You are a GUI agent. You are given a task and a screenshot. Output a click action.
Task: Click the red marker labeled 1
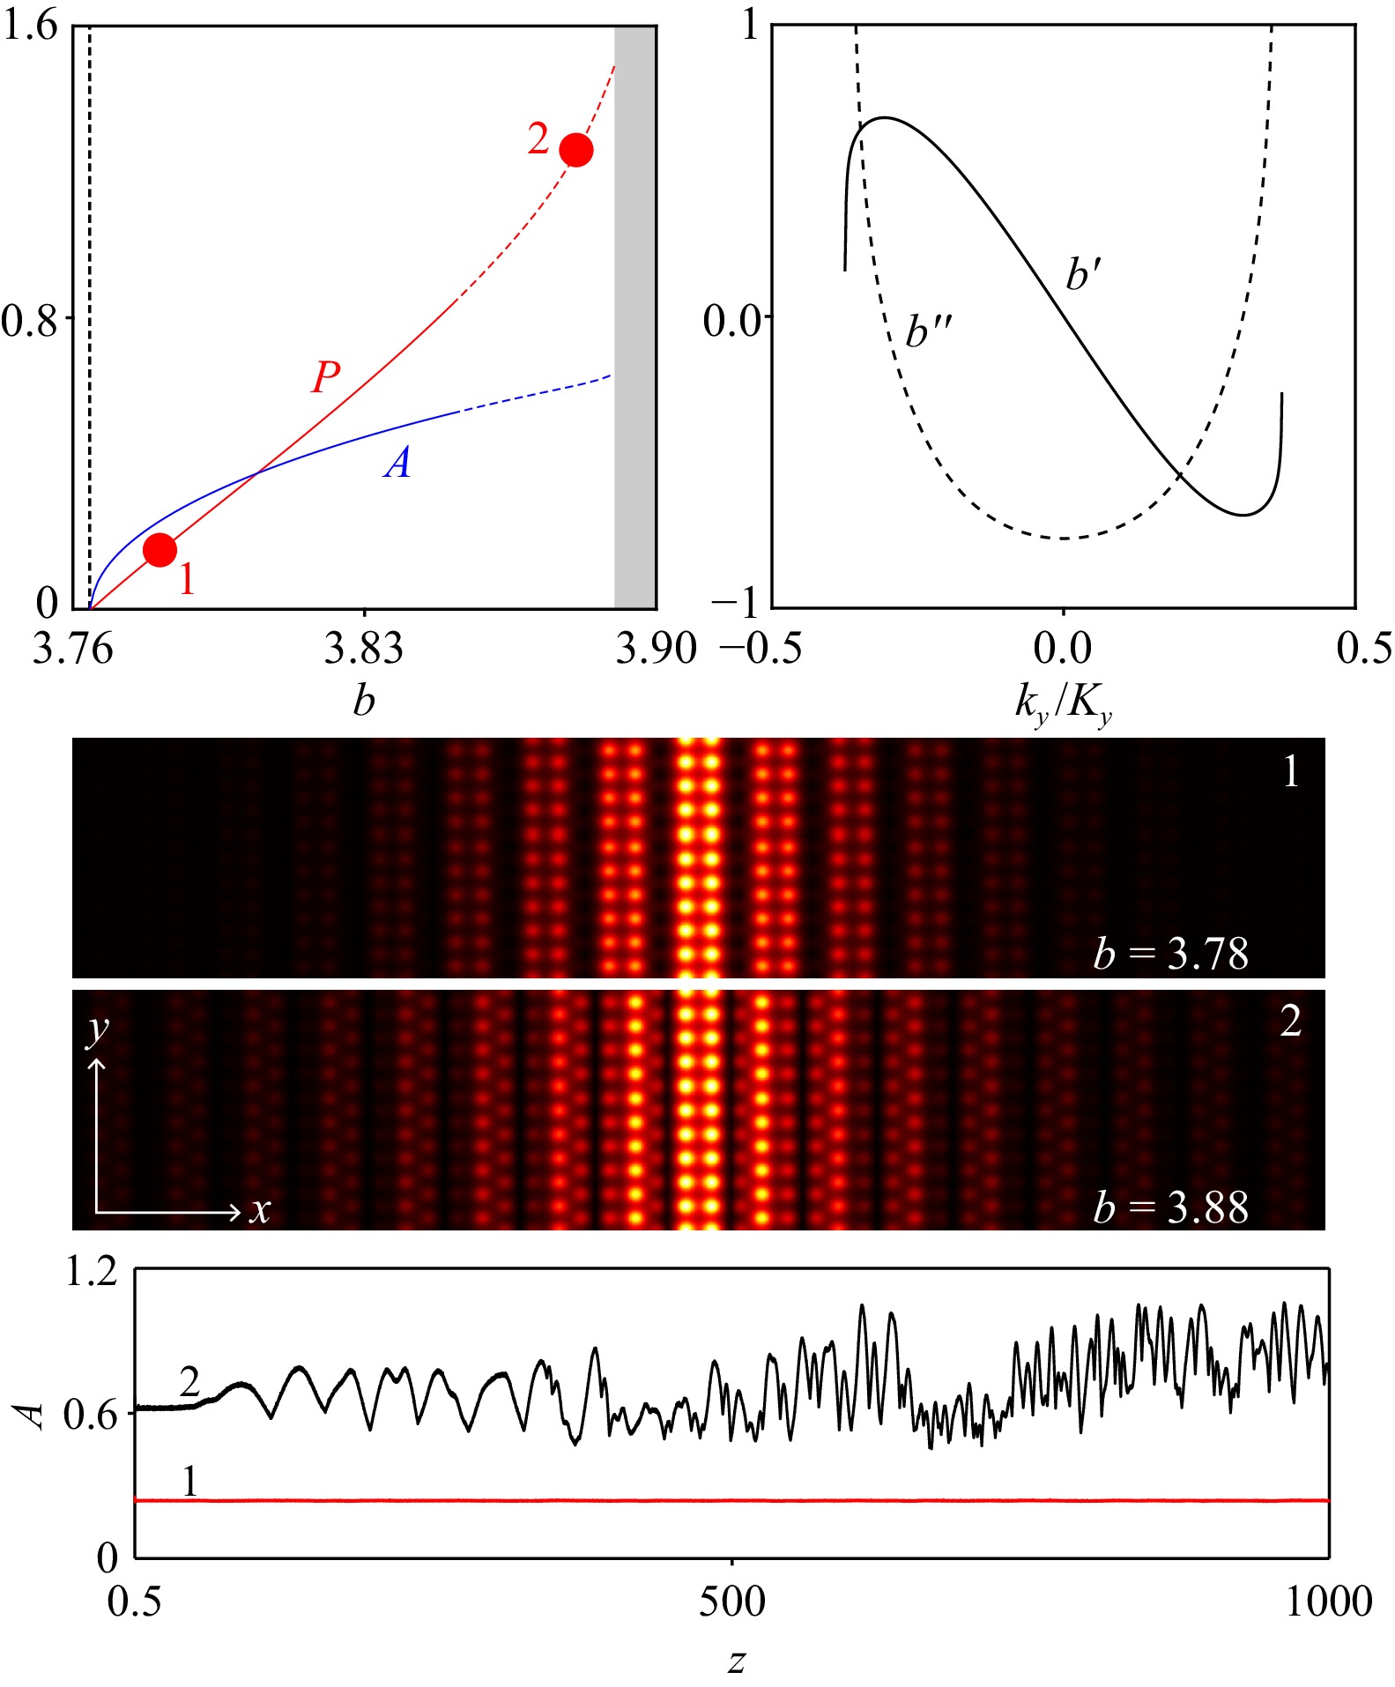click(160, 549)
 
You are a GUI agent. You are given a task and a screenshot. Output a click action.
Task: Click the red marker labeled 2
click(576, 150)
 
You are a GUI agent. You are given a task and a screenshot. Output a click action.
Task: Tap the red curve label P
click(325, 377)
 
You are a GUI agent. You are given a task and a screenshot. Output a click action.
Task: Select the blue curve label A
click(397, 462)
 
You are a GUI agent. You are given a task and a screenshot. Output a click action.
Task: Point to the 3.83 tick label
click(363, 650)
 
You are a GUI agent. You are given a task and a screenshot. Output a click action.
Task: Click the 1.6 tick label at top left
click(30, 25)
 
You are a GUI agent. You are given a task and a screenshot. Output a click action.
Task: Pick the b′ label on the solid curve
click(1083, 274)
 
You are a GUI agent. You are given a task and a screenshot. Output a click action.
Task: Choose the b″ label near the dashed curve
click(929, 332)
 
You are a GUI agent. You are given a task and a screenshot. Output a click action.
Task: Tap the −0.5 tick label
click(761, 650)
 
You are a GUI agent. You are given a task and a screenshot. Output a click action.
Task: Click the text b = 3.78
click(1171, 954)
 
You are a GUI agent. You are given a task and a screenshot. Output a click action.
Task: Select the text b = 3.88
click(1171, 1207)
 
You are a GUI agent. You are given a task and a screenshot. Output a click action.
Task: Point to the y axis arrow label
click(97, 1029)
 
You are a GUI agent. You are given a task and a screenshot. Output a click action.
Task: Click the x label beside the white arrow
click(259, 1211)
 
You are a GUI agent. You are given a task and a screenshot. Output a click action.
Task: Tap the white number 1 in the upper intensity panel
click(1291, 772)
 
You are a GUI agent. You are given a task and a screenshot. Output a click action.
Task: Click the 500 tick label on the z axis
click(731, 1601)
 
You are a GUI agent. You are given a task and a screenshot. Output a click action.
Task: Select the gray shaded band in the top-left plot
click(634, 317)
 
